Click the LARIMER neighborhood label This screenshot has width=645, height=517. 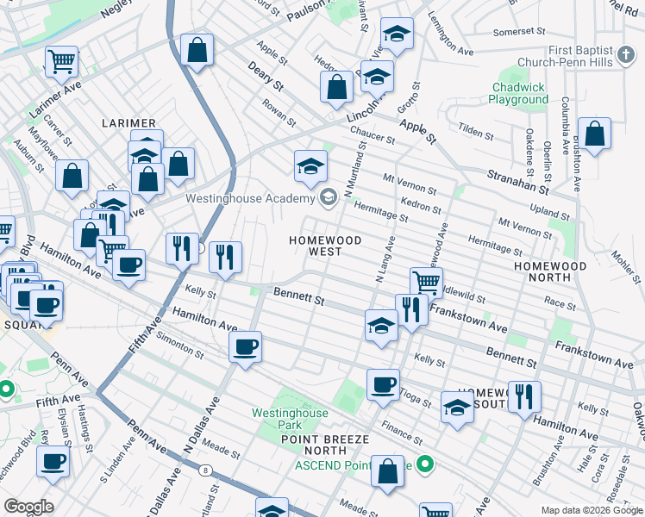click(x=128, y=124)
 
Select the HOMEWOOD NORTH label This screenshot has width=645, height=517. click(x=549, y=272)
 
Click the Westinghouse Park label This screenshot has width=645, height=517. click(x=290, y=420)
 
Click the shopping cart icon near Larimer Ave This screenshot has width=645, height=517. click(x=61, y=60)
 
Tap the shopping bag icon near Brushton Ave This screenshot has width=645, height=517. click(x=594, y=134)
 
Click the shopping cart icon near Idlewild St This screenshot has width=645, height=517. click(x=426, y=281)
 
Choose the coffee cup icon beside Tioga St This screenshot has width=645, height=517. click(x=383, y=384)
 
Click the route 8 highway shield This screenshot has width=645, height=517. click(x=205, y=470)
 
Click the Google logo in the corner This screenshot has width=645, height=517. click(x=28, y=507)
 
